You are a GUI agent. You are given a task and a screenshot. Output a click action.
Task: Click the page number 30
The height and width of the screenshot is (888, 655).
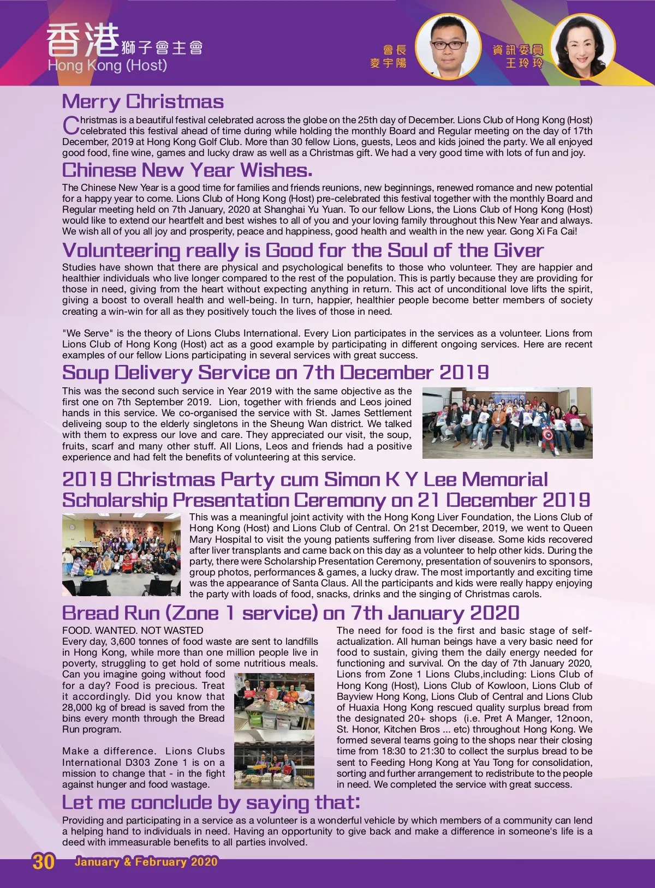tap(44, 862)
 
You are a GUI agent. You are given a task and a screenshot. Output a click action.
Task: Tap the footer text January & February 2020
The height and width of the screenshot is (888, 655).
tap(146, 862)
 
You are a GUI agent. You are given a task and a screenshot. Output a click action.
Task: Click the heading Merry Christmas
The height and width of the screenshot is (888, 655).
tap(143, 102)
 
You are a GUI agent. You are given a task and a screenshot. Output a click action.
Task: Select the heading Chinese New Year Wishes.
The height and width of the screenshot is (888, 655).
tap(187, 170)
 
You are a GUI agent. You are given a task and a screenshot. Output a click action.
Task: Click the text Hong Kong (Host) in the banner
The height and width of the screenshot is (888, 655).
tap(108, 65)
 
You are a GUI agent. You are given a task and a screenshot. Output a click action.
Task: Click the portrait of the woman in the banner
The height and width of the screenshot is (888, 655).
tap(582, 46)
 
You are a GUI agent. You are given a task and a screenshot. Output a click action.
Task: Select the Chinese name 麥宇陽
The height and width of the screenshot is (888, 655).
tap(388, 63)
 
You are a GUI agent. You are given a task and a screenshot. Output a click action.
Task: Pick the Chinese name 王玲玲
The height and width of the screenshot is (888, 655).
tap(524, 63)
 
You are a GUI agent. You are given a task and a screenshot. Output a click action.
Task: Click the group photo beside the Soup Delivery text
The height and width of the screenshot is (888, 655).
tap(507, 423)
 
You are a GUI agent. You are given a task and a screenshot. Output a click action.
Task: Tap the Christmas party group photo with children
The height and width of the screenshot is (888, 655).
tap(121, 554)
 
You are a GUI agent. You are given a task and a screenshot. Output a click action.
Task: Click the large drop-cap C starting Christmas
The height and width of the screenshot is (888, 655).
tap(71, 125)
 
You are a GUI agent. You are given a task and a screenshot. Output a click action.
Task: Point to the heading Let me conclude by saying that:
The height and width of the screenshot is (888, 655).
tap(211, 802)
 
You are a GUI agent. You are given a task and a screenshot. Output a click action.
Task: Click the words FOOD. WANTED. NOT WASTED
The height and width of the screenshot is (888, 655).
tap(133, 631)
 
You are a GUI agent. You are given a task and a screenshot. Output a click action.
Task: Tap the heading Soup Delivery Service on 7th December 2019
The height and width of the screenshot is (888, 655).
tap(275, 373)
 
